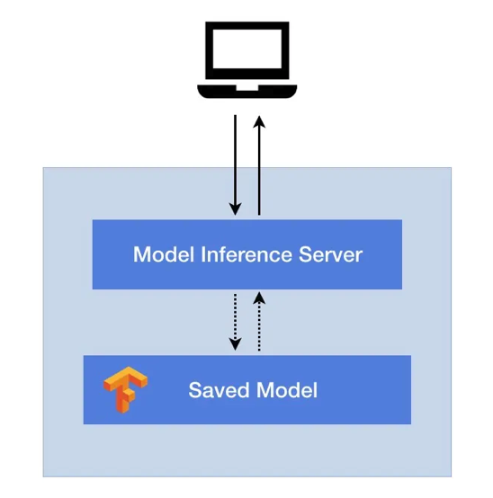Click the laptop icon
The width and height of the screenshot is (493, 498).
(x=247, y=60)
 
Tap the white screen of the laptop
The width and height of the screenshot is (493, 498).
(x=247, y=49)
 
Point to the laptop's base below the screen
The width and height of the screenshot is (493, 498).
(x=247, y=92)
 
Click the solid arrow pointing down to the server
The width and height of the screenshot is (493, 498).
(x=235, y=165)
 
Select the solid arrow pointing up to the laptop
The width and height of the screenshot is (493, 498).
(x=259, y=165)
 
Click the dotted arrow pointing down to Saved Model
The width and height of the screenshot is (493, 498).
(x=235, y=322)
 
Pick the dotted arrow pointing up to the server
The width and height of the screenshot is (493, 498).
(x=259, y=322)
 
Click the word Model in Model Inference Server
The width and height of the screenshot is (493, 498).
(x=164, y=254)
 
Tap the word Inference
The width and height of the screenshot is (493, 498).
(x=246, y=254)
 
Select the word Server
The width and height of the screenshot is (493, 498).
(x=330, y=254)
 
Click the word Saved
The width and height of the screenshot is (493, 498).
(x=219, y=390)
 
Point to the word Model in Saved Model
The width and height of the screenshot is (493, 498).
(x=287, y=390)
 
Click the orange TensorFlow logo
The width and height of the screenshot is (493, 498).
(x=126, y=390)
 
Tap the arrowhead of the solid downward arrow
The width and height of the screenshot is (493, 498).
(x=235, y=209)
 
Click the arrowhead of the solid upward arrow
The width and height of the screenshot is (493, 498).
(x=259, y=121)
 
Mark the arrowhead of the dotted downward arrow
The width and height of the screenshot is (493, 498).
(x=235, y=344)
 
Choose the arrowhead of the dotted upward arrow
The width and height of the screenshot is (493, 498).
(x=259, y=298)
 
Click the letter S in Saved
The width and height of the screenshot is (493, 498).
(x=195, y=390)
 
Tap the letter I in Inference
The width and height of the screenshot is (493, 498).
(x=203, y=254)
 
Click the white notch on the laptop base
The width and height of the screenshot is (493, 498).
(x=247, y=88)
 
